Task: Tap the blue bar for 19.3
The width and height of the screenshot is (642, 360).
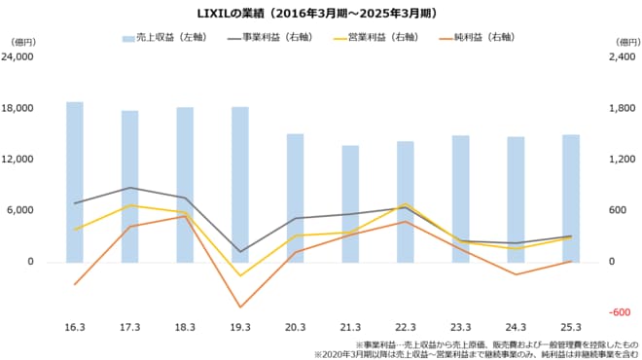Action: [x=240, y=184]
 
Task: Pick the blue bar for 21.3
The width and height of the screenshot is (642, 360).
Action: [x=350, y=203]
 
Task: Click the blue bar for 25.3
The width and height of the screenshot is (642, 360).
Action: [x=571, y=198]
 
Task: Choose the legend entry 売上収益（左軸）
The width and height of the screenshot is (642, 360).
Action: [x=161, y=38]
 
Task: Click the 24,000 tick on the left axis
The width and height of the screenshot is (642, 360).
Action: [x=20, y=56]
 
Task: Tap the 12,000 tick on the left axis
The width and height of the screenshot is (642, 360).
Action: [x=20, y=160]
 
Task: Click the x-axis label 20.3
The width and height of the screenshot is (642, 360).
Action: [x=295, y=326]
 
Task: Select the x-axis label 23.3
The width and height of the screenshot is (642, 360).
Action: [x=460, y=326]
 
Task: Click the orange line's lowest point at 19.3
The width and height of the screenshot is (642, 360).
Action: [x=240, y=307]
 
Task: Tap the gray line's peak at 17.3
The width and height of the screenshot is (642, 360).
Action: [x=129, y=188]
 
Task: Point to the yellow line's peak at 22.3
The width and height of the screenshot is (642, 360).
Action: [x=406, y=203]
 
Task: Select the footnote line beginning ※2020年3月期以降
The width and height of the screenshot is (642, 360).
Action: [x=476, y=354]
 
